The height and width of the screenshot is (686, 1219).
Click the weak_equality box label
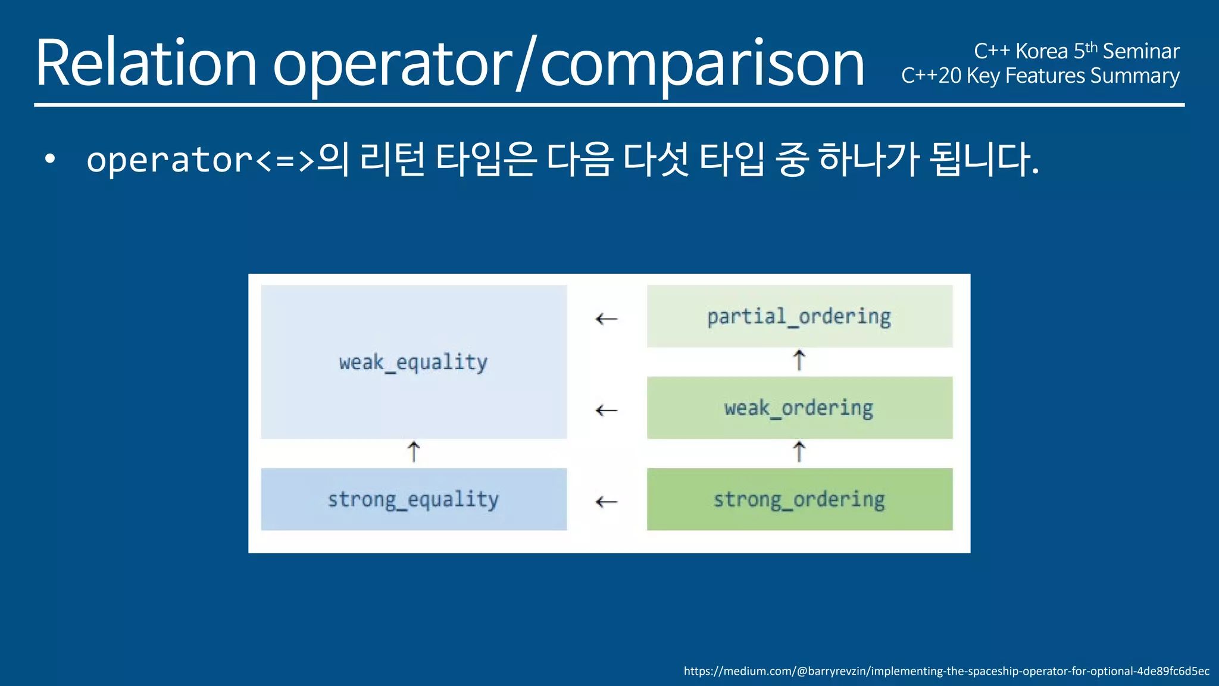pyautogui.click(x=413, y=362)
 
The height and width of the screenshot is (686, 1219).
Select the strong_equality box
pyautogui.click(x=413, y=499)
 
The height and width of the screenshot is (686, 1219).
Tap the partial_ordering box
pyautogui.click(x=799, y=316)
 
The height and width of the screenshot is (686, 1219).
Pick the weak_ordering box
pyautogui.click(x=799, y=408)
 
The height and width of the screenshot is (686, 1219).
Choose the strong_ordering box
pyautogui.click(x=799, y=499)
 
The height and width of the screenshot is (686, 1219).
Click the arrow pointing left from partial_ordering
pyautogui.click(x=606, y=319)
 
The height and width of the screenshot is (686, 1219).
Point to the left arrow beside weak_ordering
pyautogui.click(x=606, y=410)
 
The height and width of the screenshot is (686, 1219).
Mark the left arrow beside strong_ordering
pyautogui.click(x=606, y=502)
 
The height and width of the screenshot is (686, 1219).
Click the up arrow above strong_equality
pyautogui.click(x=414, y=452)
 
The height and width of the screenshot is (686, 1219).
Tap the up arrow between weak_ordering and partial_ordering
pyautogui.click(x=799, y=361)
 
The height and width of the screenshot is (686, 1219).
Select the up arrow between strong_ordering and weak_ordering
pyautogui.click(x=799, y=452)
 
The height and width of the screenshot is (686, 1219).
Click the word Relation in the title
pyautogui.click(x=146, y=63)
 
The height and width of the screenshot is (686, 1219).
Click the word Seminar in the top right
pyautogui.click(x=1140, y=51)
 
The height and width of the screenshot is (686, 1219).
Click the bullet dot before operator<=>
pyautogui.click(x=50, y=159)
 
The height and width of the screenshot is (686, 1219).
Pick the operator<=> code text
pyautogui.click(x=200, y=160)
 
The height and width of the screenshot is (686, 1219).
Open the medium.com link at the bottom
pyautogui.click(x=946, y=671)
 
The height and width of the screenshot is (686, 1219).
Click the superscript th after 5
pyautogui.click(x=1091, y=48)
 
